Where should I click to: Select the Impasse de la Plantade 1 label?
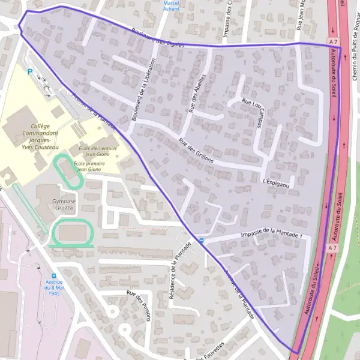(x=271, y=233)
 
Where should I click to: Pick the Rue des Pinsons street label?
(x=139, y=306)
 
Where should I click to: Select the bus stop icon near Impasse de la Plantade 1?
(x=200, y=240)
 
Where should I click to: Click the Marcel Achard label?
(x=171, y=5)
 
